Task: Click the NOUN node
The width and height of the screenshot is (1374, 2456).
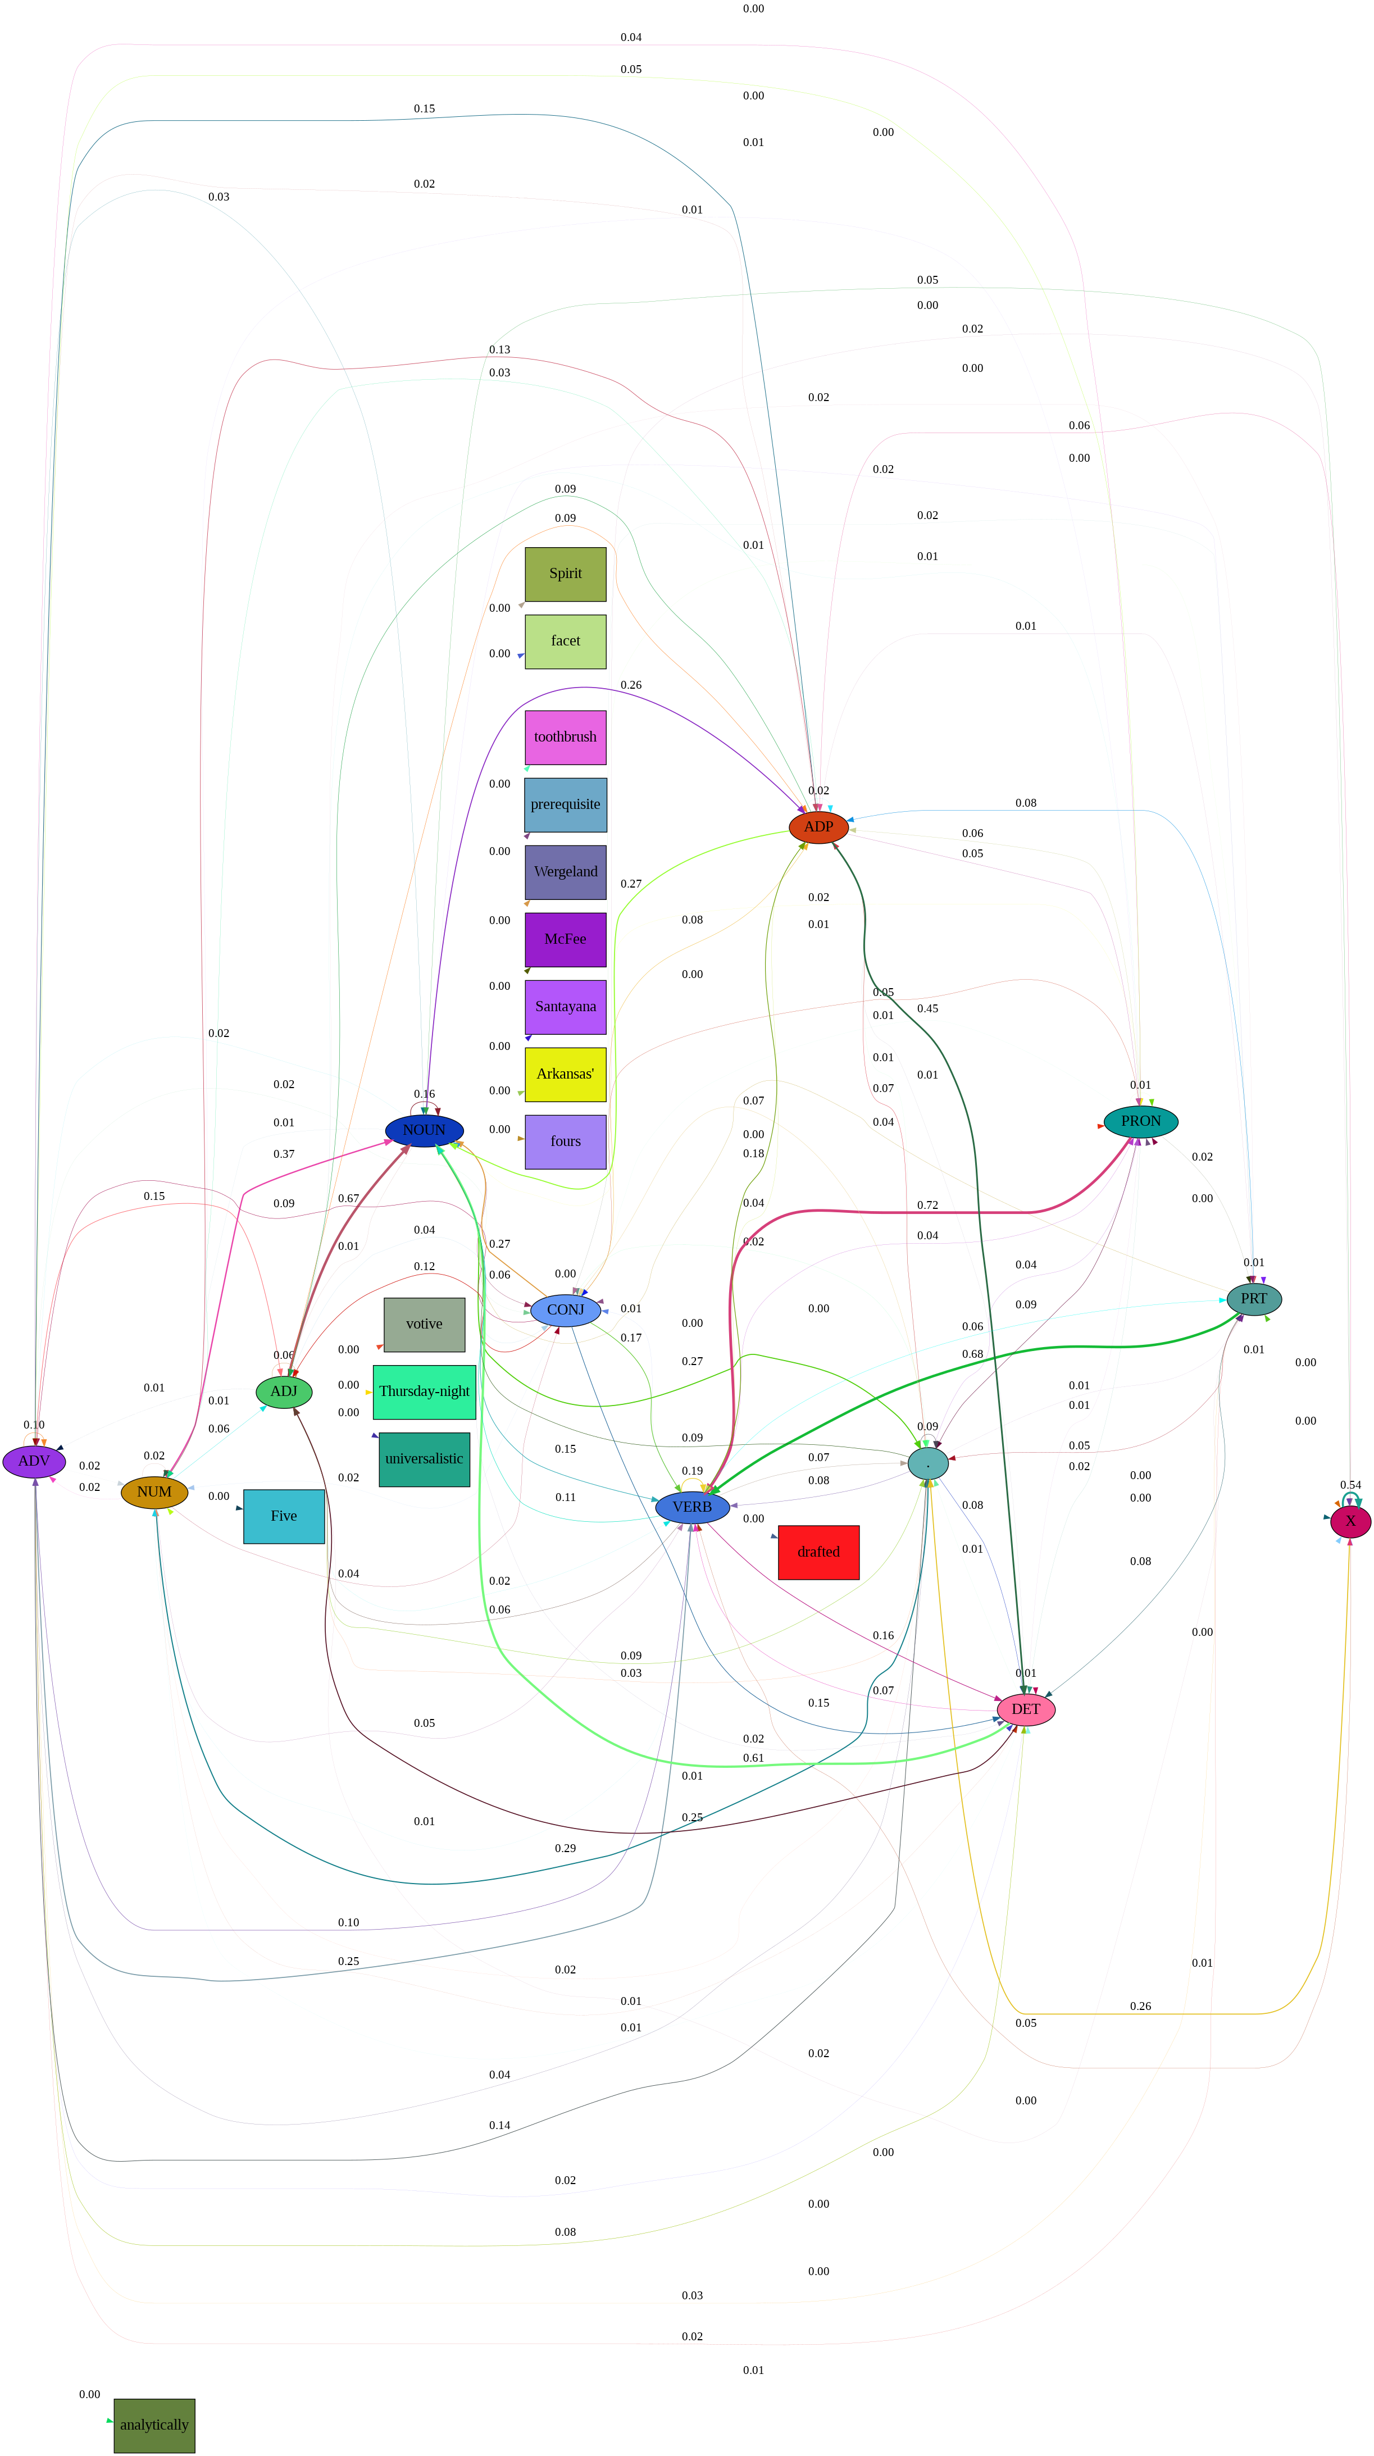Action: point(424,1130)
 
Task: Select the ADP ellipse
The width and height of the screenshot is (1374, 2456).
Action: point(818,826)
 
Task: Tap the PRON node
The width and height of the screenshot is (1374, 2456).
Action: point(1140,1121)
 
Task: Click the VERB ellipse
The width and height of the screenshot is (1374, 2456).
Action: point(692,1507)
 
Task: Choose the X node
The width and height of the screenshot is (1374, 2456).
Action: point(1350,1521)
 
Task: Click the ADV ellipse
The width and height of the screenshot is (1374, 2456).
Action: point(34,1461)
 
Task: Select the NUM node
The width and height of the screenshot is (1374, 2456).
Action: point(154,1492)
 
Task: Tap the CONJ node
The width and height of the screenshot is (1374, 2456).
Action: point(566,1310)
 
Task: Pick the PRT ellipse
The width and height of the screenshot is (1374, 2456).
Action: point(1254,1299)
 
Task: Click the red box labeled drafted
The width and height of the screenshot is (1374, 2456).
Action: point(818,1552)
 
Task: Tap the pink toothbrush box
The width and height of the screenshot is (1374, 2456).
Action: point(566,737)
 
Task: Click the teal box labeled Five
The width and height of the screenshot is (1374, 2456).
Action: point(284,1516)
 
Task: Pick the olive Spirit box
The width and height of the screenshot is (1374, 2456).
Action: point(566,574)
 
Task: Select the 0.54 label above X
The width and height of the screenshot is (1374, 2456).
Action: point(1350,1485)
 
